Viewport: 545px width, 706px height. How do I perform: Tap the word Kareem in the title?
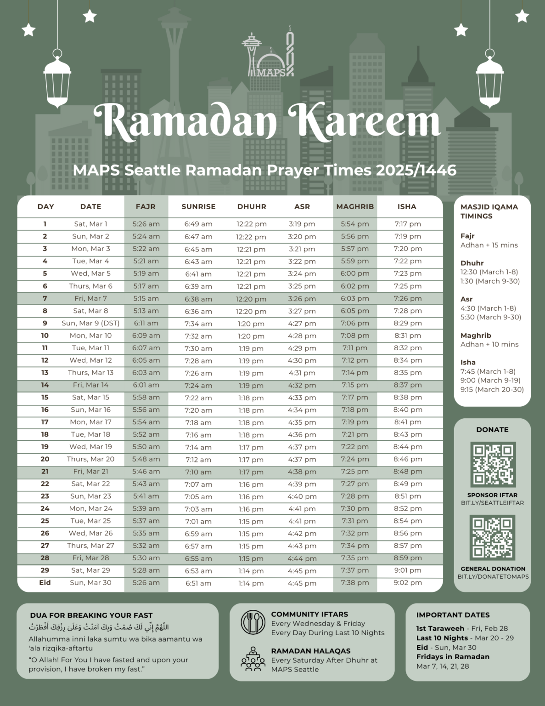point(365,120)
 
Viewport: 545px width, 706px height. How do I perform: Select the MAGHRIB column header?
point(355,207)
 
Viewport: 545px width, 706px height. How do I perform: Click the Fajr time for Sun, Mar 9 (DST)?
point(146,323)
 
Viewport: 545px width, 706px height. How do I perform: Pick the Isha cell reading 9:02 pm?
point(407,582)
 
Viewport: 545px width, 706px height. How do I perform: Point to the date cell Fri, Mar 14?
point(90,385)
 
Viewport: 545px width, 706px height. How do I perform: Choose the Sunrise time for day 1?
point(198,224)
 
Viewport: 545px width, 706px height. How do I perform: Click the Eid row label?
point(45,582)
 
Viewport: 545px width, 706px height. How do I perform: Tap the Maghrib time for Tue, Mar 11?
point(355,348)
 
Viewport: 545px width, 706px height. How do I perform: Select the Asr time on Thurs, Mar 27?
point(302,546)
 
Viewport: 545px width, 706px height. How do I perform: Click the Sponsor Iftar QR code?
point(493,464)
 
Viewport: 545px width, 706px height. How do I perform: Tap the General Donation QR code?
point(493,537)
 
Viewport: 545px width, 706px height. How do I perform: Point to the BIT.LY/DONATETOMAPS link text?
point(493,576)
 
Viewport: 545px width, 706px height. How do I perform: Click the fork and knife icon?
point(253,623)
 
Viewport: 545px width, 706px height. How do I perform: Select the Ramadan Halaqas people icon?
point(253,660)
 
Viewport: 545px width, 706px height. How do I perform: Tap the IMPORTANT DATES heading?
point(453,615)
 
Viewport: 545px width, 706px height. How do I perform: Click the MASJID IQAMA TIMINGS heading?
point(489,211)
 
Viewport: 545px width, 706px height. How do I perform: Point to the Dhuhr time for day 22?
point(251,484)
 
